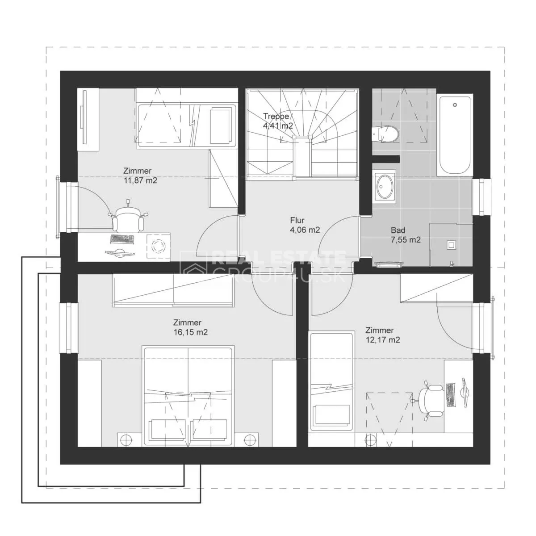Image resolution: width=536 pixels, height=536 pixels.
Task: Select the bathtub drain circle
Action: coord(455,105)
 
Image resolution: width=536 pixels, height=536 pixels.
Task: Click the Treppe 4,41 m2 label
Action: coord(278,121)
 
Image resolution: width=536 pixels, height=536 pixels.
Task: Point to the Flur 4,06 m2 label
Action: coord(305,225)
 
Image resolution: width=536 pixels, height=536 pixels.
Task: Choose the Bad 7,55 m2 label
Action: coord(406,235)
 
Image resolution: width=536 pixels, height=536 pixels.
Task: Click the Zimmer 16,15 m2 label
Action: coord(191,327)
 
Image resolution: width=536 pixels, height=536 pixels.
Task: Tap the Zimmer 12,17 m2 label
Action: coord(383,335)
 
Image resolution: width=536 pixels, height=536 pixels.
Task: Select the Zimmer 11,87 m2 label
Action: coord(140,176)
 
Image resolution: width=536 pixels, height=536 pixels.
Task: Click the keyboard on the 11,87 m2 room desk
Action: coord(122,239)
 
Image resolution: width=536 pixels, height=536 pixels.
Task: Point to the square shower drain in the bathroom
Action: coord(451,245)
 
